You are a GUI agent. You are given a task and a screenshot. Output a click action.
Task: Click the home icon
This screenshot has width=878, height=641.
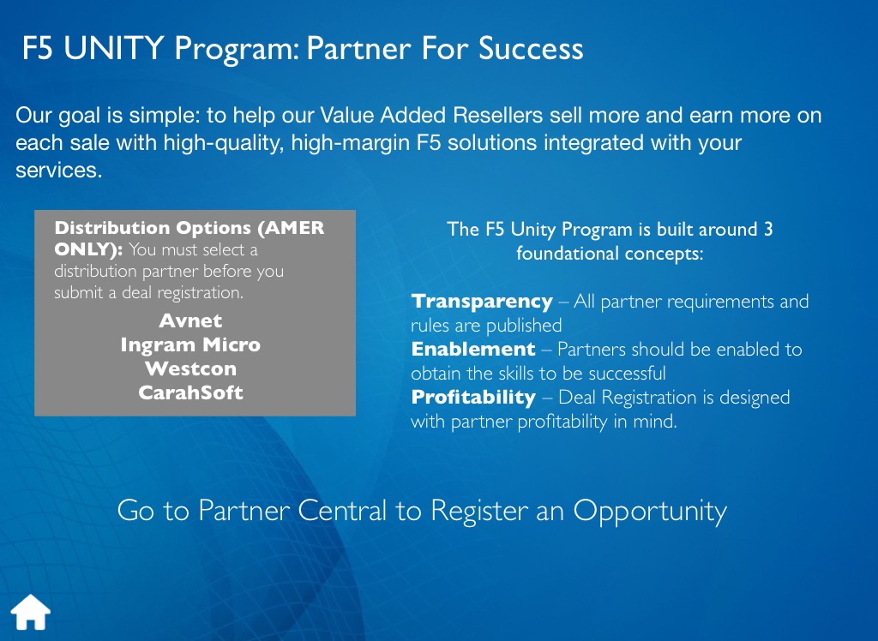[30, 612]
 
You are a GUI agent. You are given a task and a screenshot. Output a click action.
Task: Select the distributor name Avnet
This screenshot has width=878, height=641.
[190, 320]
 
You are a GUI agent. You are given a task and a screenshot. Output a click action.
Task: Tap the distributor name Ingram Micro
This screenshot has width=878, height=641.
[190, 344]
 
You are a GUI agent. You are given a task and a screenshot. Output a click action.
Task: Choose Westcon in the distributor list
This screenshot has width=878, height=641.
[190, 369]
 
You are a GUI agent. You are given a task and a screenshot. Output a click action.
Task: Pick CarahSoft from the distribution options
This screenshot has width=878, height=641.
[190, 392]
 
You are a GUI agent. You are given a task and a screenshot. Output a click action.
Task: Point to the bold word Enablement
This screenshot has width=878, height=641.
[473, 350]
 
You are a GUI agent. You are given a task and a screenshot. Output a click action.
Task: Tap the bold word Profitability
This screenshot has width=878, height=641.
[473, 398]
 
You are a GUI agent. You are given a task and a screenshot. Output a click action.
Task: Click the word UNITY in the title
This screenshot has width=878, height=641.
[114, 48]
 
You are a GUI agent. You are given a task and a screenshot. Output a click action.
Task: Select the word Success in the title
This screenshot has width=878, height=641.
[530, 48]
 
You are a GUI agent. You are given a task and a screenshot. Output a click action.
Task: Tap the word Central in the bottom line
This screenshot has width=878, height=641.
[342, 511]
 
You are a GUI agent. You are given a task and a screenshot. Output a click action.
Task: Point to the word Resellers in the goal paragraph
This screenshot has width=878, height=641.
[497, 116]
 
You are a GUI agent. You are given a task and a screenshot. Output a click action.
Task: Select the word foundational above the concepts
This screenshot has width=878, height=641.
[568, 254]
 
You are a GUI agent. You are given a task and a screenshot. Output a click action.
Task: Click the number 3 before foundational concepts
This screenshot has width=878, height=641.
[768, 229]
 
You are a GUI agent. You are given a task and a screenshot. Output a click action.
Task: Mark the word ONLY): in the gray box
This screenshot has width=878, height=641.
[88, 249]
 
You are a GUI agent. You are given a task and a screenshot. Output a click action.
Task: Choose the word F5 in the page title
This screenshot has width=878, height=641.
[38, 48]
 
